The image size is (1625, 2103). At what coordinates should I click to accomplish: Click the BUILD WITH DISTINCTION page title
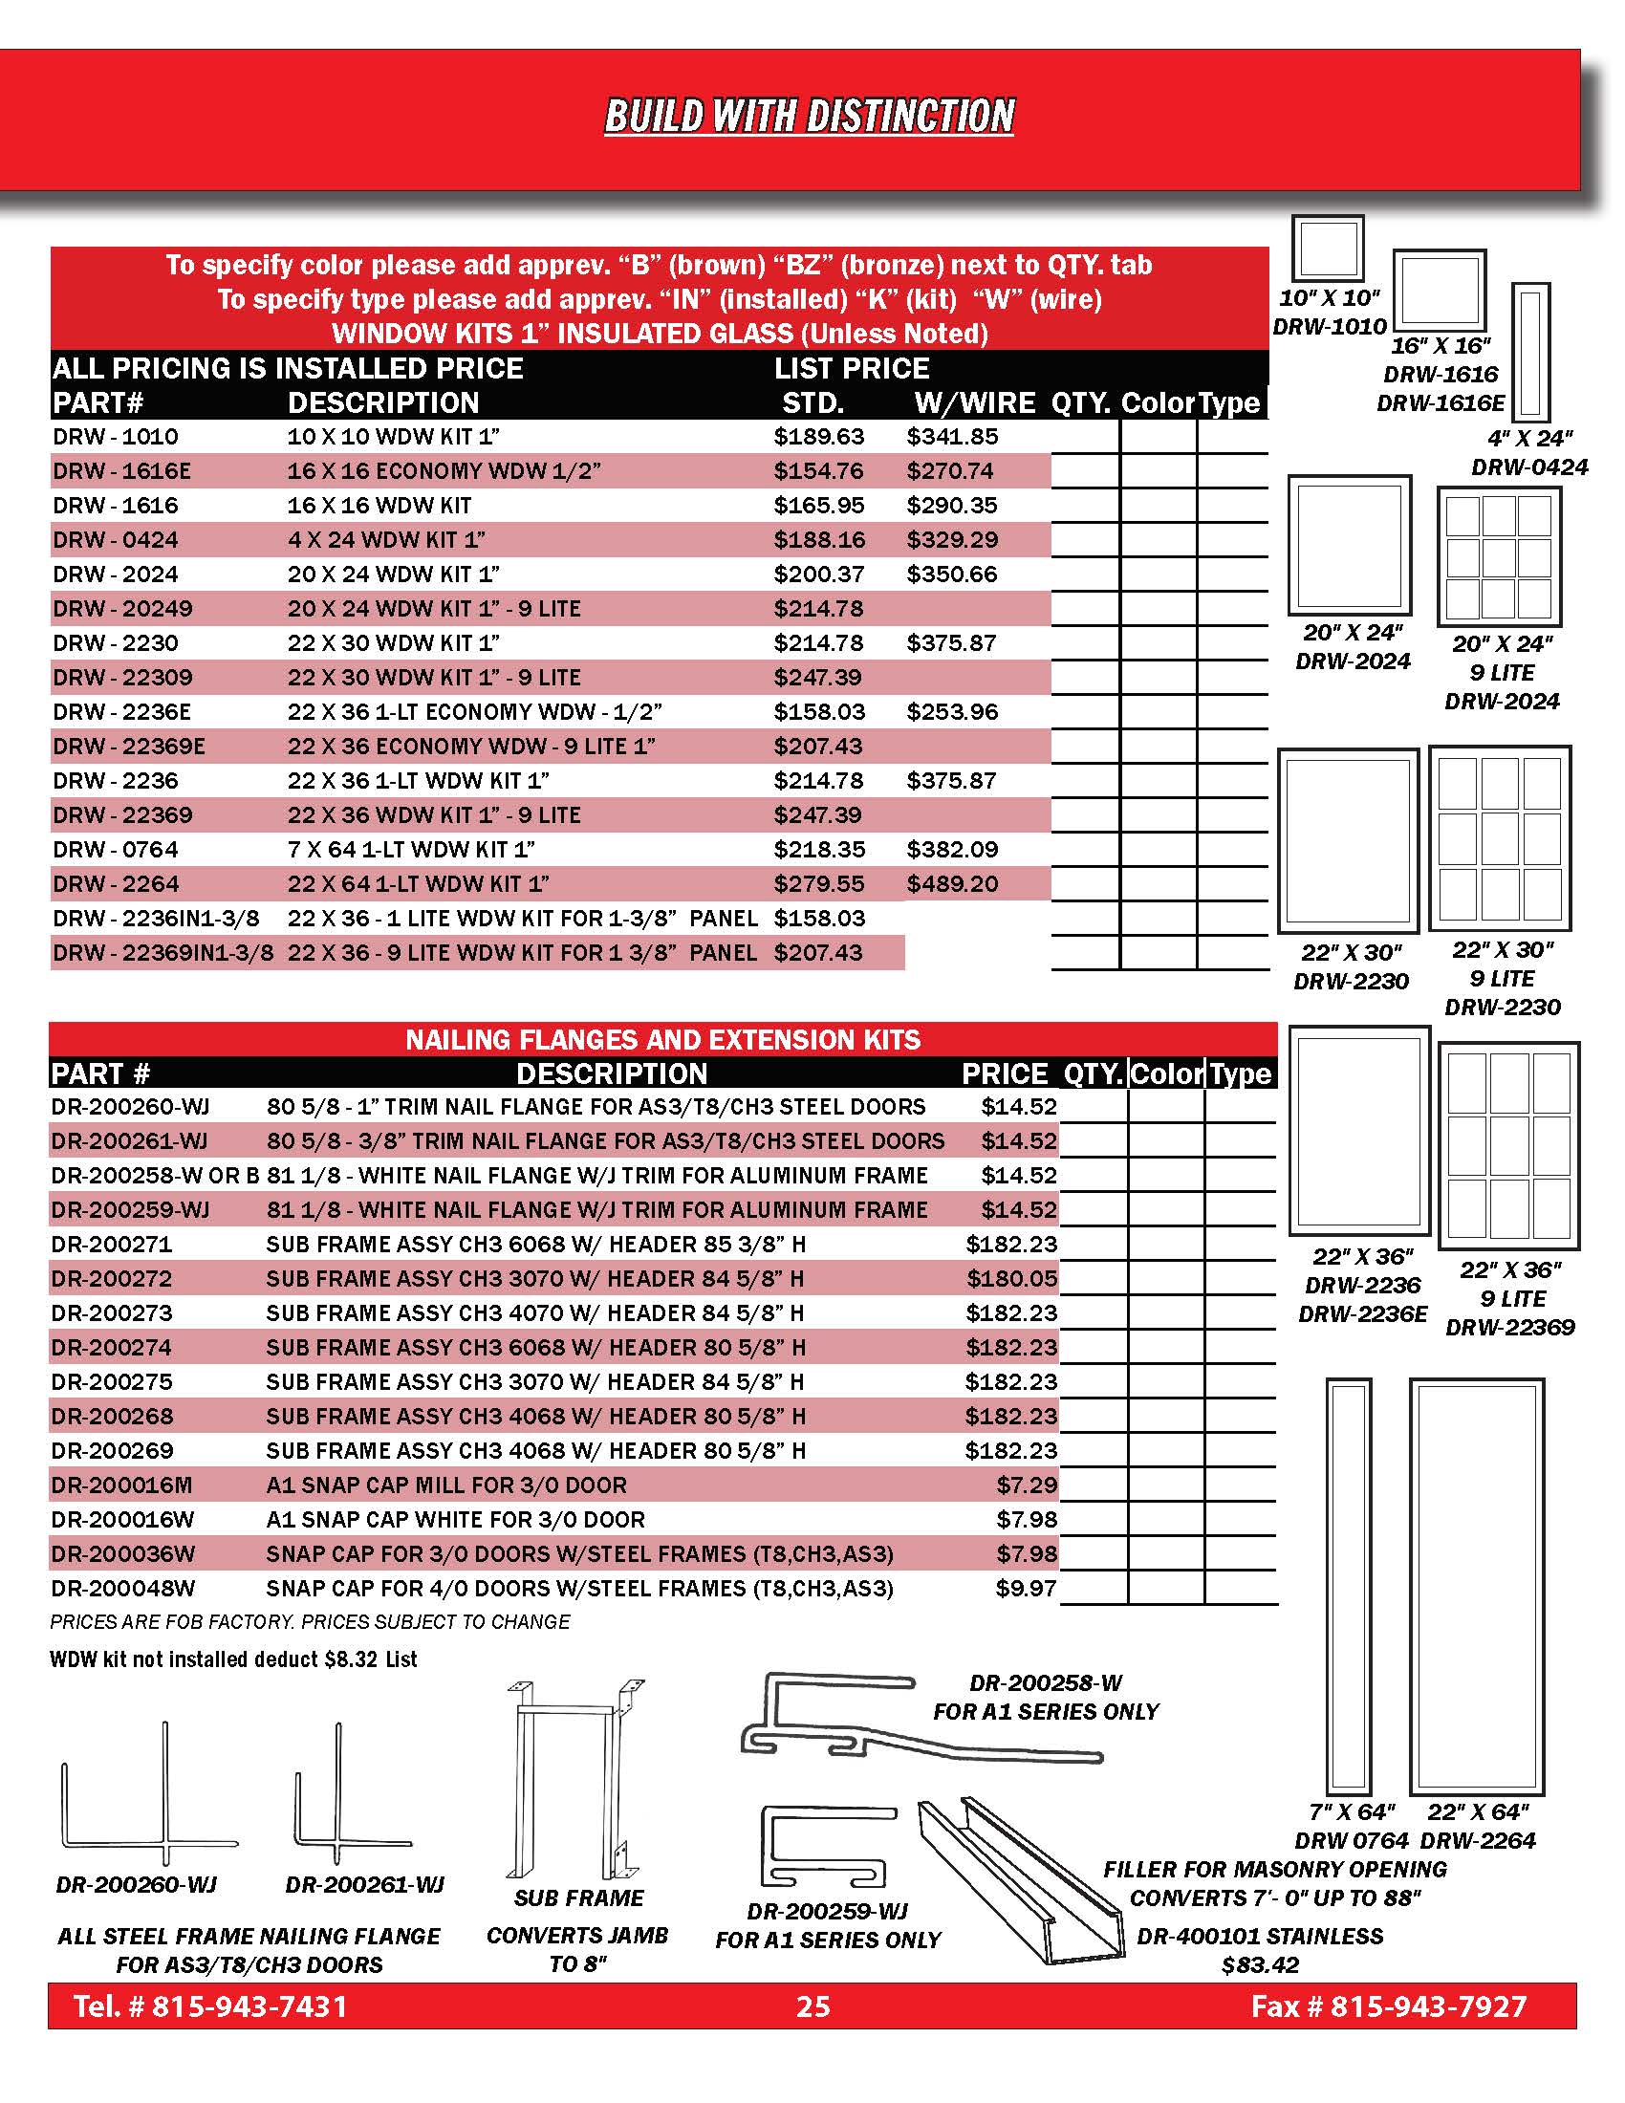[809, 116]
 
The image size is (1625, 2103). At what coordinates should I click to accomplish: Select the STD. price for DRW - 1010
[818, 436]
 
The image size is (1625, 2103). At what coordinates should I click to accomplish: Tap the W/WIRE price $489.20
[952, 884]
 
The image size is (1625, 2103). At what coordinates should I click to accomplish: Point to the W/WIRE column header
[974, 402]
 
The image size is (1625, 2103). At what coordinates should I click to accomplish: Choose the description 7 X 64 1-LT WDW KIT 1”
[411, 849]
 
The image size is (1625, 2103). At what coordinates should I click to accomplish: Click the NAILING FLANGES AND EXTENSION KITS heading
[662, 1040]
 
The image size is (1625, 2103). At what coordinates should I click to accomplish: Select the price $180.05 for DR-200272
[1010, 1279]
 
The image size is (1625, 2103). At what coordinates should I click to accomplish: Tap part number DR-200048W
[123, 1588]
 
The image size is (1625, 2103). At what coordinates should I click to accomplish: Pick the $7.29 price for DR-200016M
[1027, 1485]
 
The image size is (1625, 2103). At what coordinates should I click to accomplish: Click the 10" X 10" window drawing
[1328, 249]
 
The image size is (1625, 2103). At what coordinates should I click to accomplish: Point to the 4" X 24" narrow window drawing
[1530, 352]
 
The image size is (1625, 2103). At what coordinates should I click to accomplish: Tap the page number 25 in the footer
[812, 2005]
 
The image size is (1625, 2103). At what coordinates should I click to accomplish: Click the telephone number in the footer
[211, 2005]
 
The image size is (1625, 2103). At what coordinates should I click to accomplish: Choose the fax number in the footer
[1388, 2005]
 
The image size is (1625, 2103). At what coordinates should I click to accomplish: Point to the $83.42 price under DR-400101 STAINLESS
[1260, 1964]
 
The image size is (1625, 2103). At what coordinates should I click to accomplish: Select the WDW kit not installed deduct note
[234, 1659]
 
